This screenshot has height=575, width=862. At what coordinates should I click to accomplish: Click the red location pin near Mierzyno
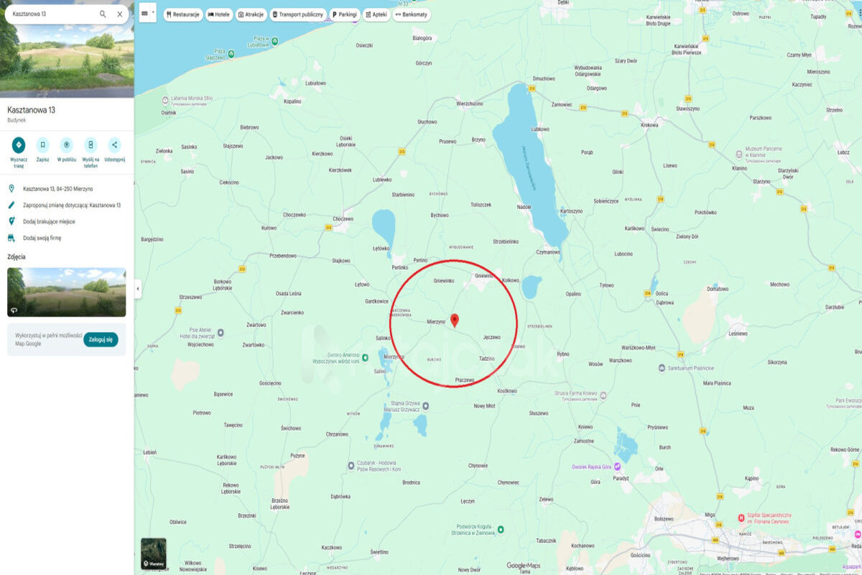point(454,321)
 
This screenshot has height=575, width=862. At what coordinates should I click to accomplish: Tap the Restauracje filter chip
point(183,14)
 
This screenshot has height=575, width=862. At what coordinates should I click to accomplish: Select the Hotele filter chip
point(218,14)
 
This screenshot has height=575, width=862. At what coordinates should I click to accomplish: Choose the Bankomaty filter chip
point(411,14)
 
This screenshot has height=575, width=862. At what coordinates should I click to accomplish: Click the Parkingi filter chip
point(344,14)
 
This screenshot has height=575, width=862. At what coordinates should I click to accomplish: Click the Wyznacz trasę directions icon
point(19,145)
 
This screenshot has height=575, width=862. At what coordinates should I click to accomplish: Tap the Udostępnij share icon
point(114,145)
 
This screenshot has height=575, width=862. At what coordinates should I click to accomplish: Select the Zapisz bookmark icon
point(42,145)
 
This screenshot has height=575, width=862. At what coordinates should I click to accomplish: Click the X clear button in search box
point(120,14)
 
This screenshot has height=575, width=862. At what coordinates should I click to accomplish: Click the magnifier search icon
point(103,14)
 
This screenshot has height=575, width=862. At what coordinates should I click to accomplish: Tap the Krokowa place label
point(649,125)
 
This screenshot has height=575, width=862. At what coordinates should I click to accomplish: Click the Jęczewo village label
point(492,337)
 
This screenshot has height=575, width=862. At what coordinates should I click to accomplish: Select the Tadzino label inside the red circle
point(486,358)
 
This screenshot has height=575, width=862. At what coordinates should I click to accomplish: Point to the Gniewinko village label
point(444,281)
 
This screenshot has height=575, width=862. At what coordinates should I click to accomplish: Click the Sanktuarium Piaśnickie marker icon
point(662,368)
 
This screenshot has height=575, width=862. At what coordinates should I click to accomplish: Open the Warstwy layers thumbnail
point(153,553)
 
